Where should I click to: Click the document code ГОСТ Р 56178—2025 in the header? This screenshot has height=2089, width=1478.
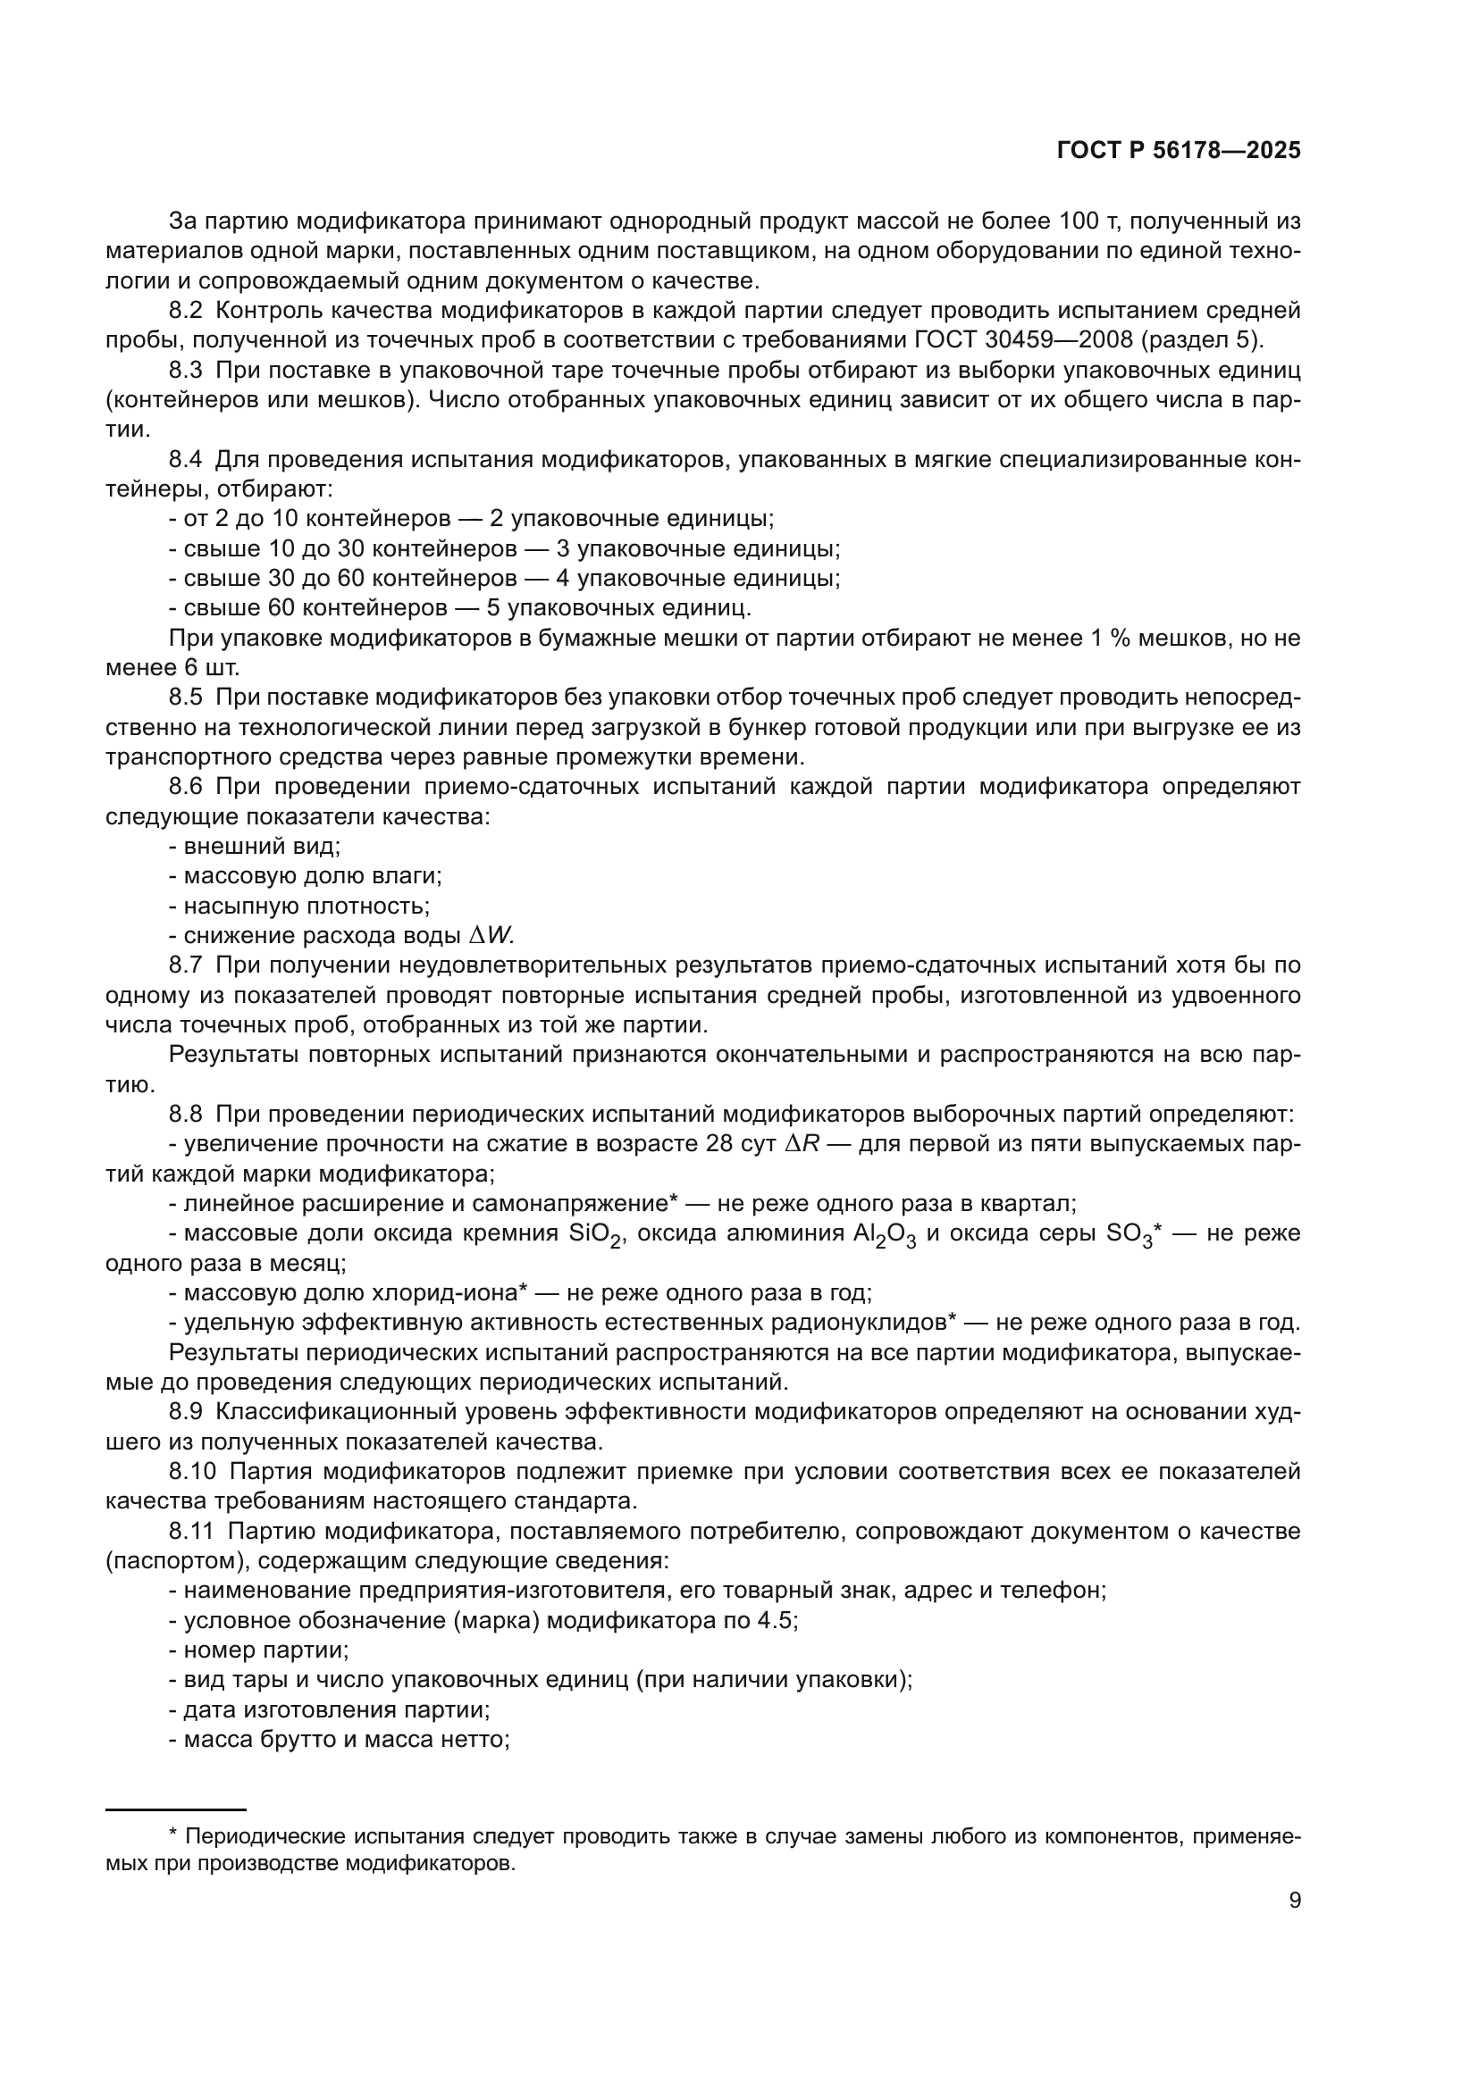1179,151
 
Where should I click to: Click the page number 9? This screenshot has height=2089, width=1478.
1295,1900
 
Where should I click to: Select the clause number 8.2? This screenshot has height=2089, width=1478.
186,310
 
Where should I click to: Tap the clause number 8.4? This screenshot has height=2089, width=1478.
186,459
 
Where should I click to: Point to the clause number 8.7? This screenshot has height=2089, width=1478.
186,965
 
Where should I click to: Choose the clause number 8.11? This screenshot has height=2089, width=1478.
190,1532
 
